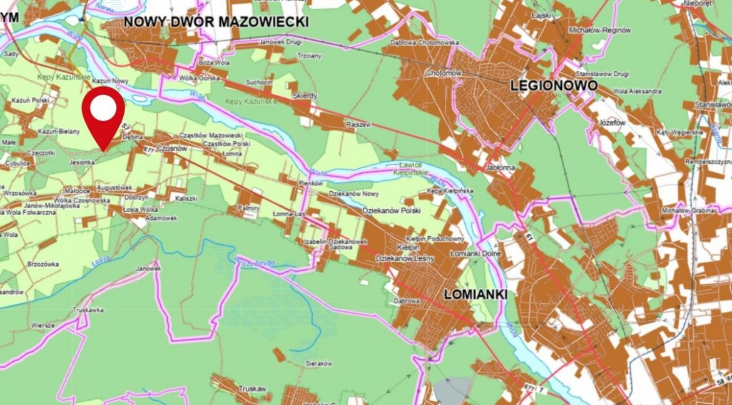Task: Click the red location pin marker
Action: (103, 112)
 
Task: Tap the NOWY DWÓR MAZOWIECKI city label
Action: (217, 22)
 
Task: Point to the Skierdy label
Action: (305, 96)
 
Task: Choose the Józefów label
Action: (611, 122)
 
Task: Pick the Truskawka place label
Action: (70, 309)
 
